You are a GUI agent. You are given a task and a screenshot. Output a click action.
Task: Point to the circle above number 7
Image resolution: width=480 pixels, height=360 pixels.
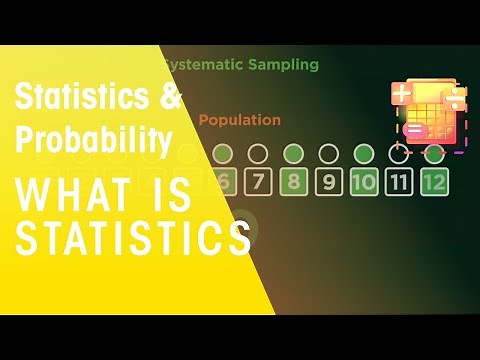tap(258, 154)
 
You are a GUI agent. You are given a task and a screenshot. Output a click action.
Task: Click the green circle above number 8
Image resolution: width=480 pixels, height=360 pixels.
tap(293, 154)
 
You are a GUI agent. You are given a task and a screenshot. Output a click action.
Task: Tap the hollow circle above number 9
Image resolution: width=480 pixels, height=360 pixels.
tap(328, 154)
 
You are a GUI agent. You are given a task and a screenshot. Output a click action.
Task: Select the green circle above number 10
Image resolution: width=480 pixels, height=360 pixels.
tap(363, 154)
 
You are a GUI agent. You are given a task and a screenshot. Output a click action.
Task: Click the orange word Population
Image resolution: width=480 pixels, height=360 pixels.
tap(239, 120)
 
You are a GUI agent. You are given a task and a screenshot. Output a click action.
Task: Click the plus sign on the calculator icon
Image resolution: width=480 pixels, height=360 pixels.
tap(402, 94)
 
